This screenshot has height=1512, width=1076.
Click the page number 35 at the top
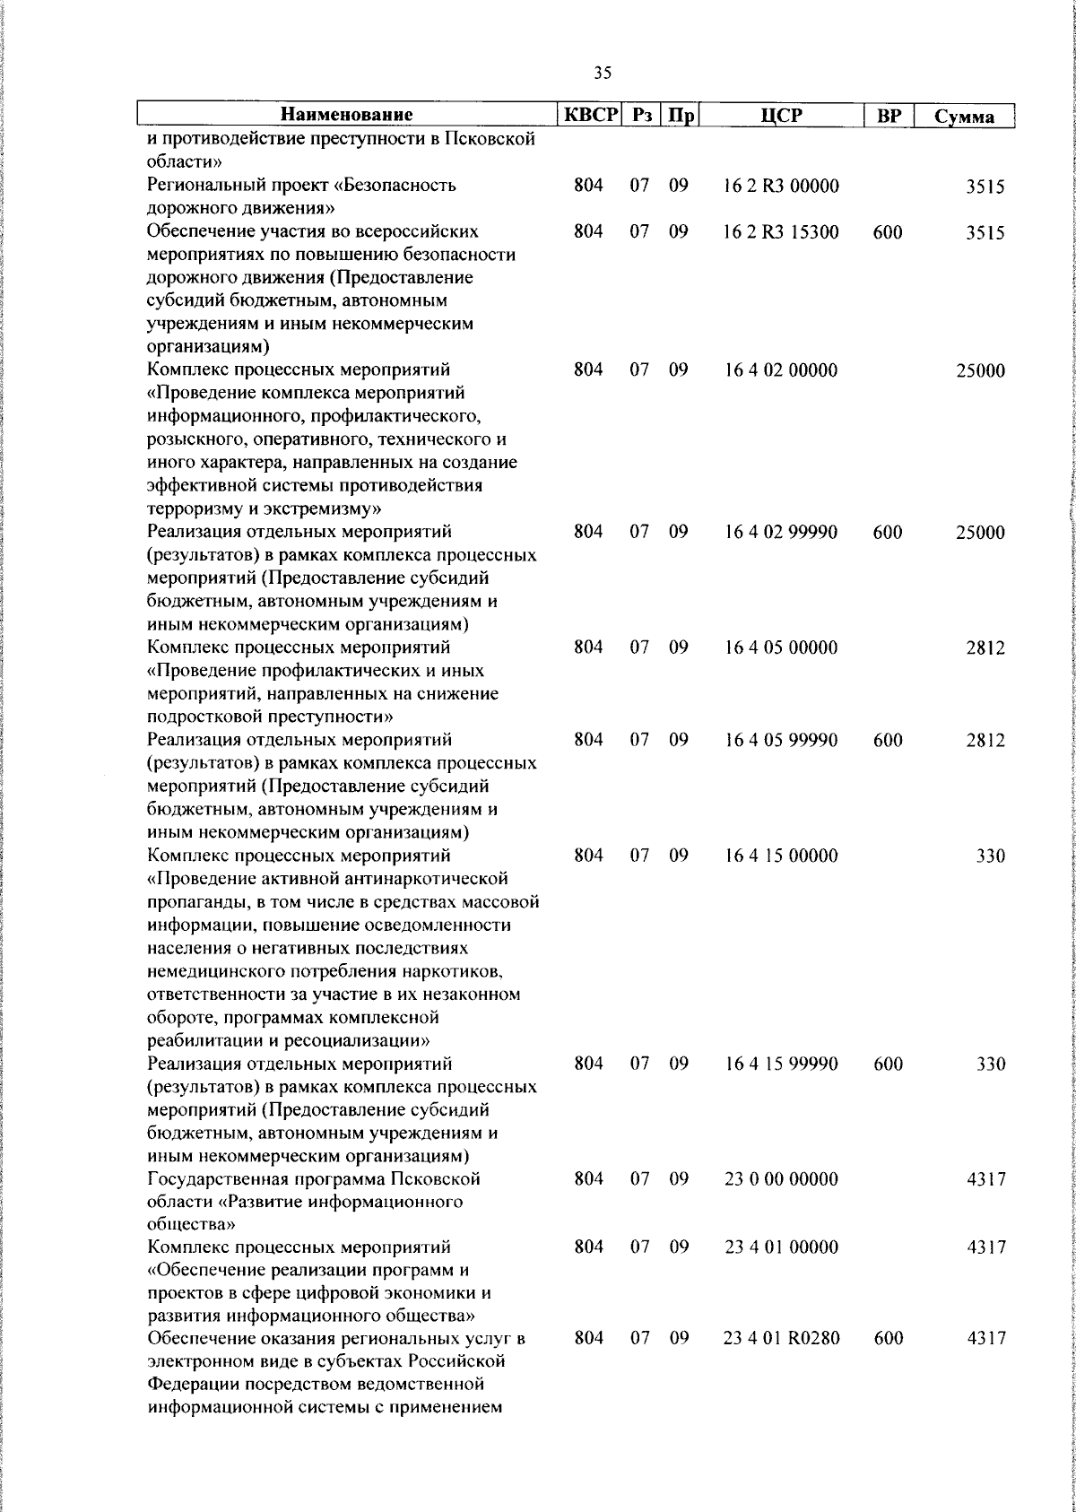603,74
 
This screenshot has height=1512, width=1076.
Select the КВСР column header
591,115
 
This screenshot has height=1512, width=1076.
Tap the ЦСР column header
781,115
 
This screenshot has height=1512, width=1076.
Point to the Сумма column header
964,117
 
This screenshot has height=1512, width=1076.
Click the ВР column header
888,116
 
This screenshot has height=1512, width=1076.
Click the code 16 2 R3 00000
781,187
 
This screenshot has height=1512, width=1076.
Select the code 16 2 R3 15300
781,233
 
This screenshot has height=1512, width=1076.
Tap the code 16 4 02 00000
781,370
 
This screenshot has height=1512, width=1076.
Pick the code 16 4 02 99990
781,533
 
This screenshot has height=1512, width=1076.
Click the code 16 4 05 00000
781,647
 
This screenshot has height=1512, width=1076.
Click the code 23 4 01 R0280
781,1339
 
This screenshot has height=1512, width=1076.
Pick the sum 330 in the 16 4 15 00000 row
990,856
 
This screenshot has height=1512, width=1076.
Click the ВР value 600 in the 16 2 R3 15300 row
887,233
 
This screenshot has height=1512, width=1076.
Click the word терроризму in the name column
192,509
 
